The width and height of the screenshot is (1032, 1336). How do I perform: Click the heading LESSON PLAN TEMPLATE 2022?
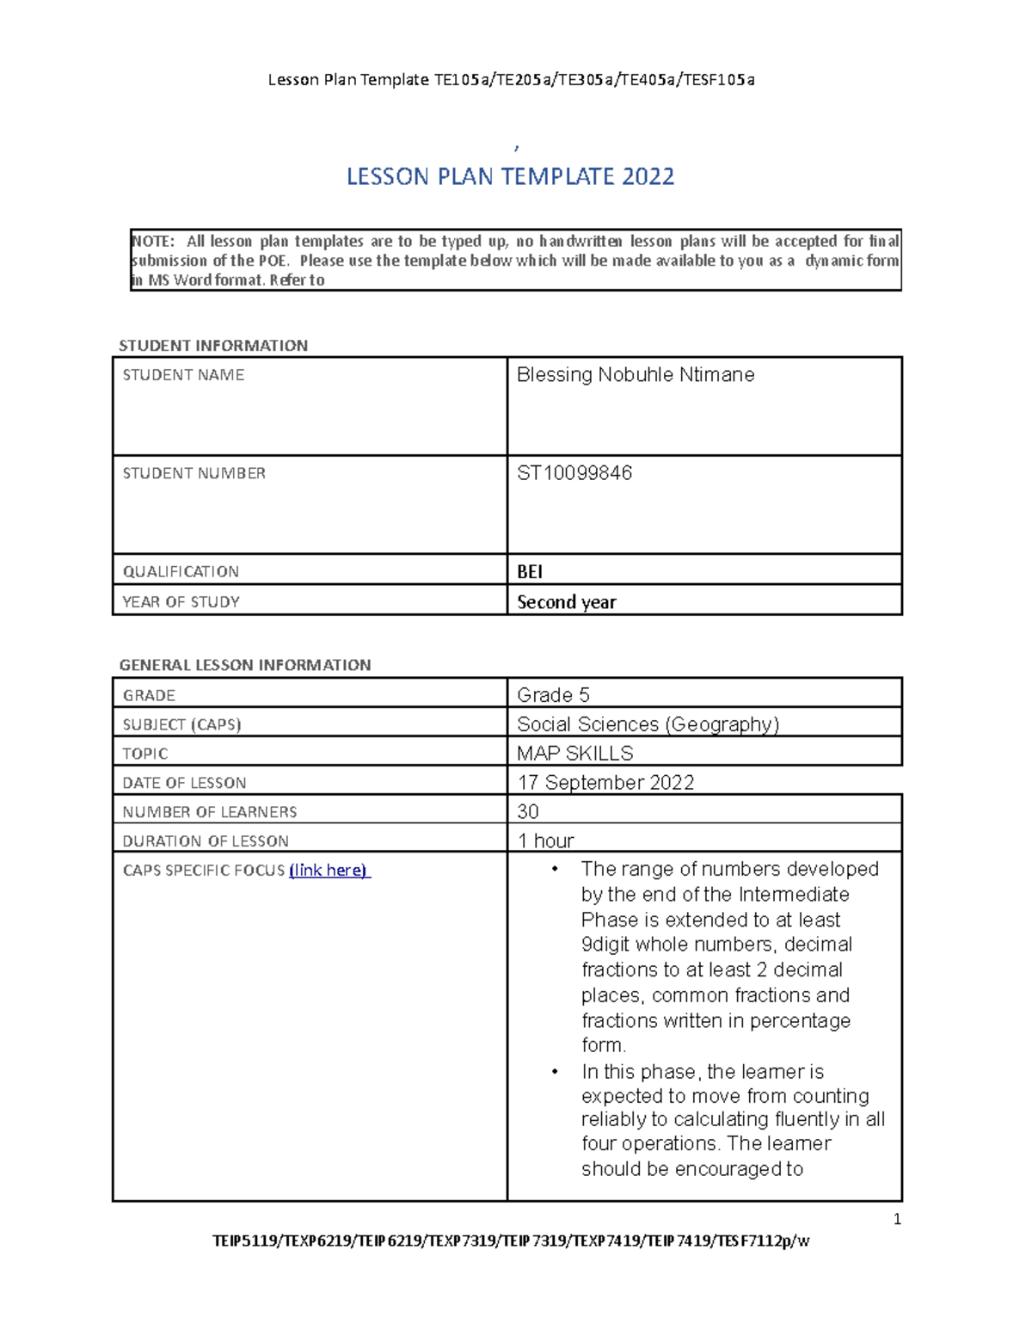[510, 176]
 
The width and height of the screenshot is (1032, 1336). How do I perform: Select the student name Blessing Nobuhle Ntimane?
[635, 375]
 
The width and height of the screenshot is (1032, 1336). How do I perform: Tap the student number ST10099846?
[574, 473]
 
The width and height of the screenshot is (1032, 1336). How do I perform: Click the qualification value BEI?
[529, 571]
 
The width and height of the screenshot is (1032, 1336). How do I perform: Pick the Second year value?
[566, 602]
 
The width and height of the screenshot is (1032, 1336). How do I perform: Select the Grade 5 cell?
[553, 695]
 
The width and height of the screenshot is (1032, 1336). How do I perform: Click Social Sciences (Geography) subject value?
[648, 724]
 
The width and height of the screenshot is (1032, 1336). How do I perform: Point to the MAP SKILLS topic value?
[574, 754]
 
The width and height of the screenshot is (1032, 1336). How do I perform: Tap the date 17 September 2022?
[605, 783]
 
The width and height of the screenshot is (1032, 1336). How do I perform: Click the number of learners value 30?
[528, 812]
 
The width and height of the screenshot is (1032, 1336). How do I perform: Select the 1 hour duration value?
[545, 840]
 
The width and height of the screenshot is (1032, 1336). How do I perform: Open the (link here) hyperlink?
[329, 871]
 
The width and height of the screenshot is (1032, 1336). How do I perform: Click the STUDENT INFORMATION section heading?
[212, 346]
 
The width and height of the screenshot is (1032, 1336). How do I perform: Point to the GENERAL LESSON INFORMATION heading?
[244, 665]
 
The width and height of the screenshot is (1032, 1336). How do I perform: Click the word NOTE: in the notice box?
[152, 242]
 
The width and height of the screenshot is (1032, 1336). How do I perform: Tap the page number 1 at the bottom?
[897, 1219]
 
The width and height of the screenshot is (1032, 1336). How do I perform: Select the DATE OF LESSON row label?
[184, 783]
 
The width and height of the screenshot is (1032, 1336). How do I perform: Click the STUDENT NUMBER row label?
[193, 473]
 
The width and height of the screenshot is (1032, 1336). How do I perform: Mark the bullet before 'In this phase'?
[556, 1072]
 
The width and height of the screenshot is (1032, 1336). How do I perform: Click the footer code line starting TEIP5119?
[511, 1241]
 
